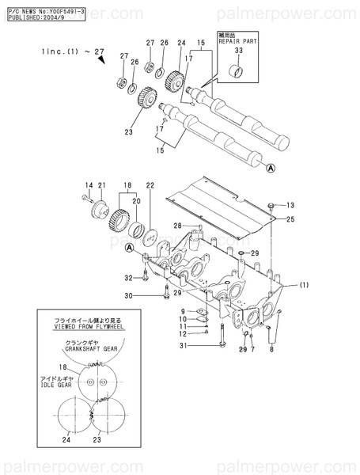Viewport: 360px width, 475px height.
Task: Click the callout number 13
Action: [290, 204]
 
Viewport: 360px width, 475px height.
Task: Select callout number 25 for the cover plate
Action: [290, 218]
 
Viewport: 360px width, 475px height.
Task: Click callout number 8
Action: [272, 349]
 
